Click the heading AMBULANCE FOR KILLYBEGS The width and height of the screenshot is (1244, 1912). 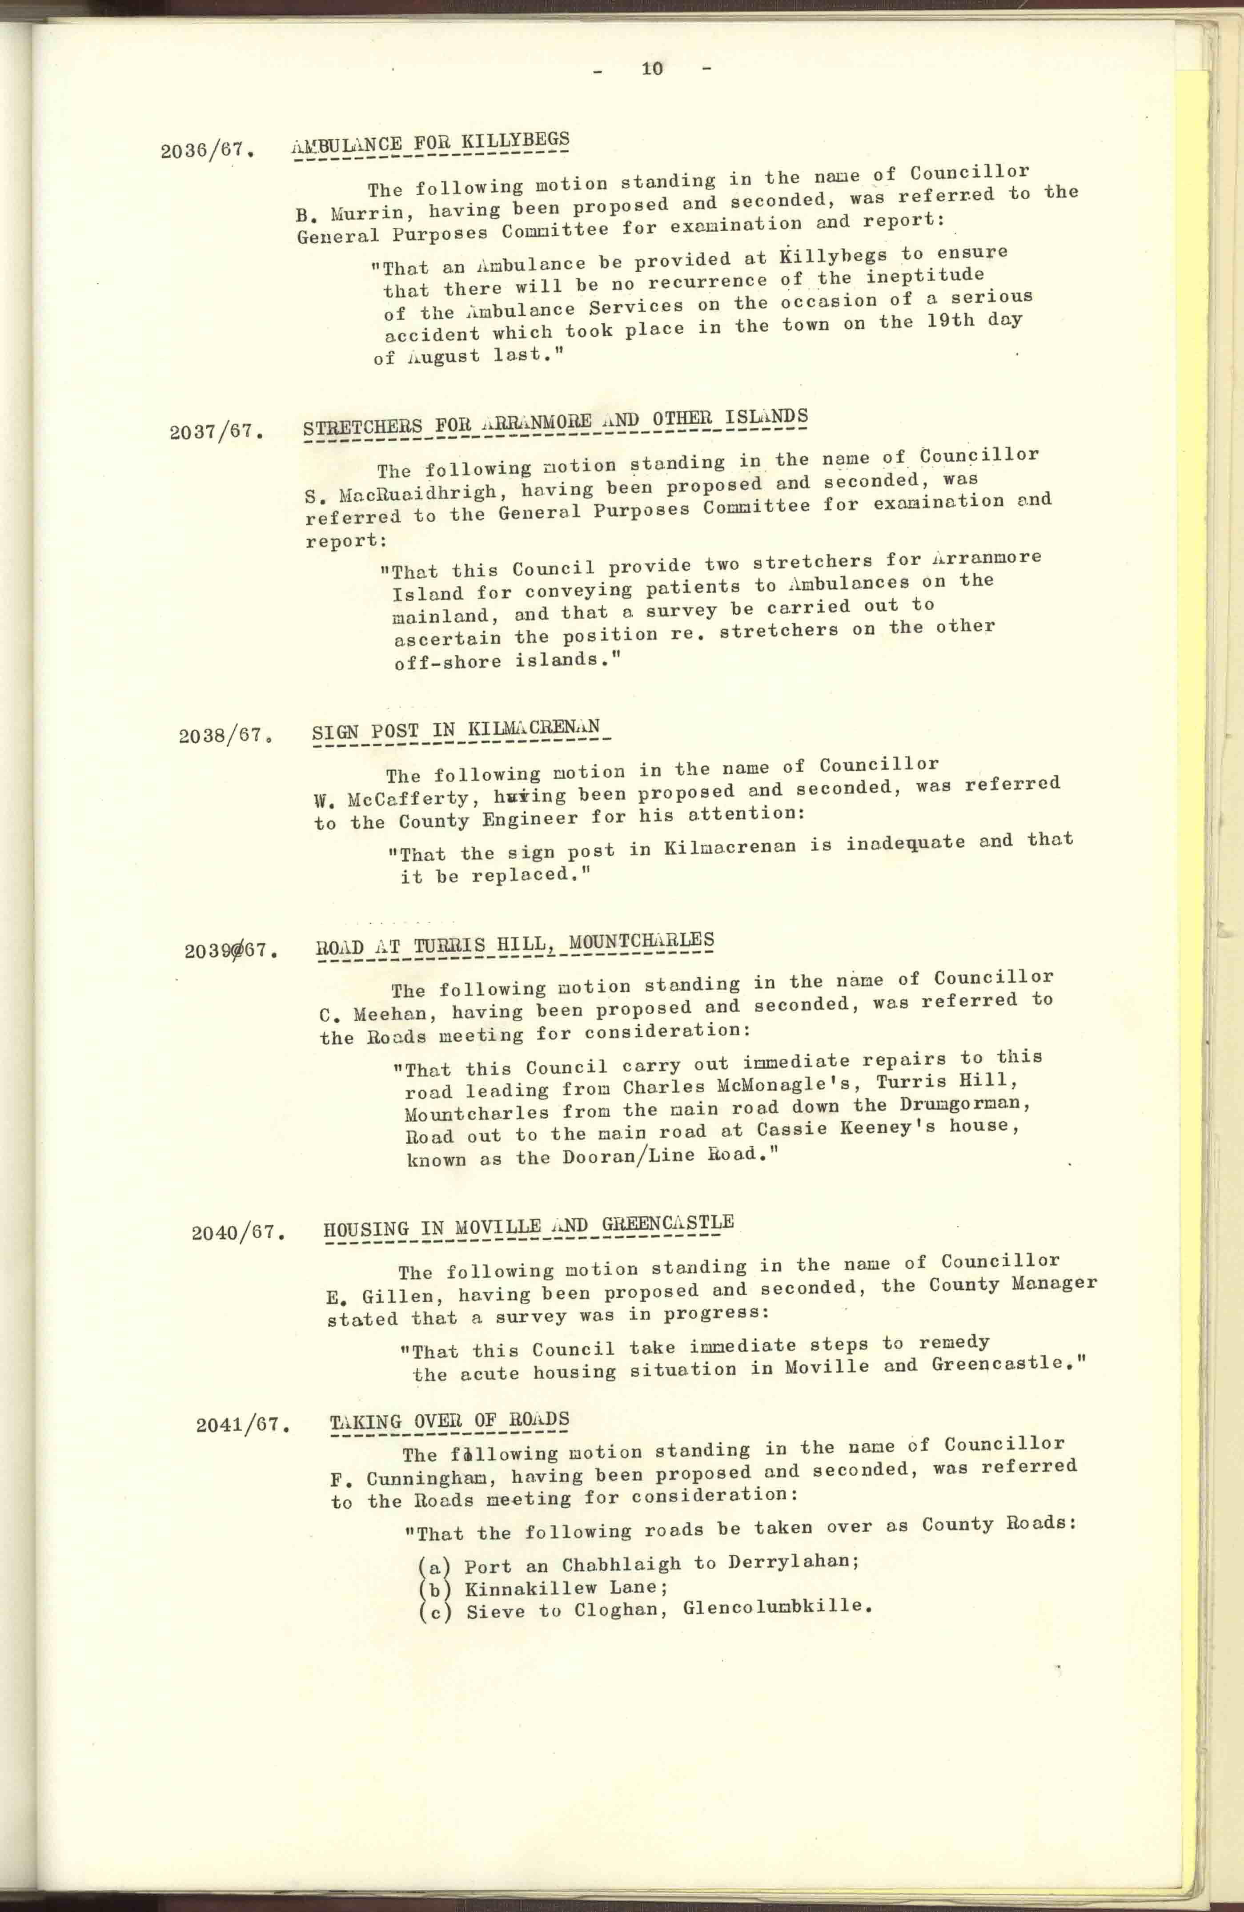pos(430,145)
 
